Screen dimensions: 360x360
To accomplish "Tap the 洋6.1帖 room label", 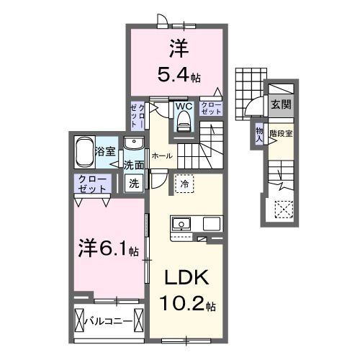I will (108, 249).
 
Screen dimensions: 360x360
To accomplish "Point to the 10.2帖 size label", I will (187, 305).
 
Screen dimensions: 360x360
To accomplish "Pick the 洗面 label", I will (133, 164).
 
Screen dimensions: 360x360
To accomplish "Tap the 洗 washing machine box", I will (134, 183).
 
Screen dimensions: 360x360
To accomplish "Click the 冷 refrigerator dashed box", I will (184, 184).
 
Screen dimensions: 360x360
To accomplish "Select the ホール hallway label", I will (161, 154).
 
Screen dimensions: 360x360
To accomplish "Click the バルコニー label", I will (111, 319).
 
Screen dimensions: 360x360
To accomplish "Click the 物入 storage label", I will (259, 133).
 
